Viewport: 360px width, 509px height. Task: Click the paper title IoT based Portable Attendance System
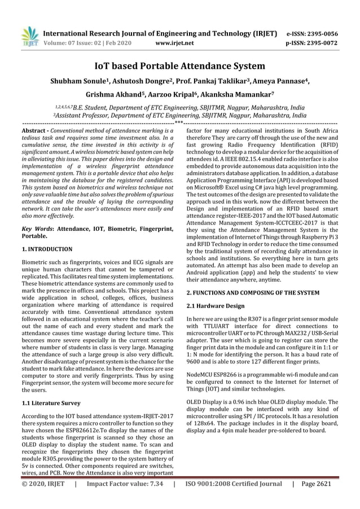point(179,67)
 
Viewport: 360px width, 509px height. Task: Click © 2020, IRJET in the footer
point(43,500)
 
